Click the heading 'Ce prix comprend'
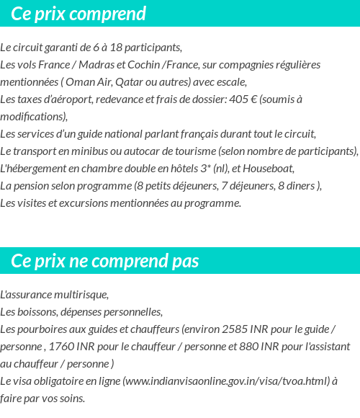[x=78, y=14]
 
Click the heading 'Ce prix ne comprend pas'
[x=105, y=260]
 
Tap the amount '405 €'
[x=242, y=99]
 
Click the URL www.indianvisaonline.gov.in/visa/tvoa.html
[x=226, y=381]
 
